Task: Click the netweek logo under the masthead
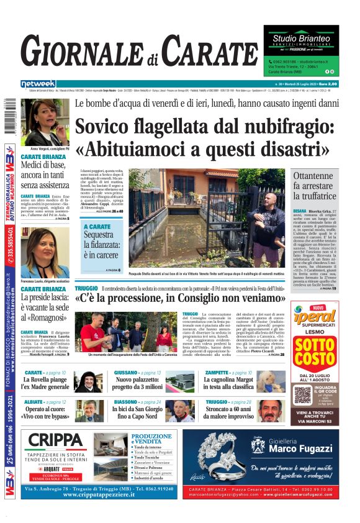(x=38, y=83)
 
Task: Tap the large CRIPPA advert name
(x=55, y=440)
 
